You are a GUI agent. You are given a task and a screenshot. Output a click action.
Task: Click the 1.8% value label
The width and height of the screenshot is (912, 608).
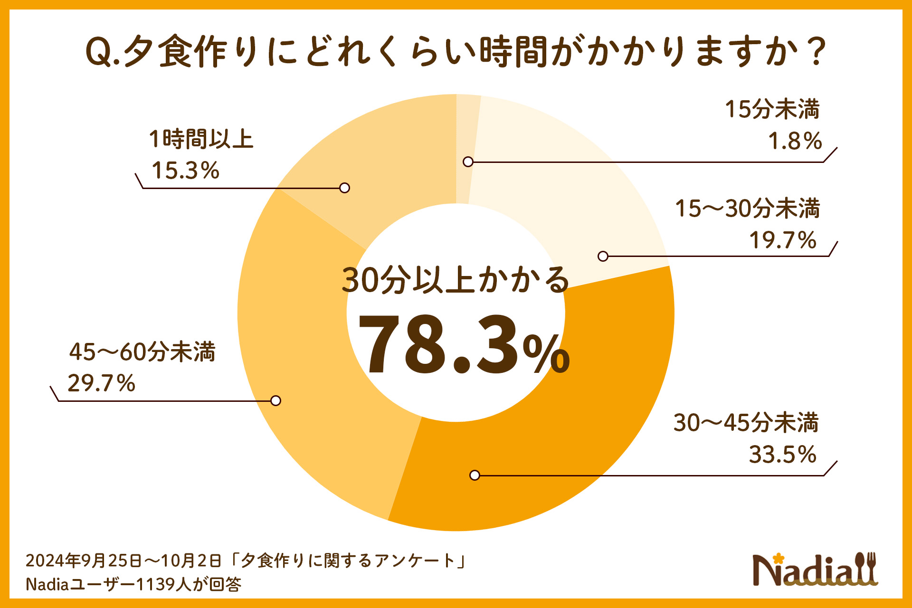(795, 141)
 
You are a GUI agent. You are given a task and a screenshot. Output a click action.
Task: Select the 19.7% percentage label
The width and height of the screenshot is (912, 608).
(782, 240)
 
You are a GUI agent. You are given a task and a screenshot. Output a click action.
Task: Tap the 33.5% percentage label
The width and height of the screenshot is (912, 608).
(782, 454)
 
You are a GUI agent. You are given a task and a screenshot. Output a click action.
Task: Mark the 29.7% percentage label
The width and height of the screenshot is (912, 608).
(101, 383)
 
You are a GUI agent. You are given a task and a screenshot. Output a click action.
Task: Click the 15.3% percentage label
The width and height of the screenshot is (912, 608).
(185, 170)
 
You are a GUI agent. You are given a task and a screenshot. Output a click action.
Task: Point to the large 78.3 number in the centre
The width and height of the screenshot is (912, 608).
(439, 344)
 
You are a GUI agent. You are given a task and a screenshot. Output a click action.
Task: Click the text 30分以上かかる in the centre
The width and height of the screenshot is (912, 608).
(455, 280)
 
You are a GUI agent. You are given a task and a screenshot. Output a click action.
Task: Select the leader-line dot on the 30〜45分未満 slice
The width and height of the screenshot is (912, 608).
(475, 475)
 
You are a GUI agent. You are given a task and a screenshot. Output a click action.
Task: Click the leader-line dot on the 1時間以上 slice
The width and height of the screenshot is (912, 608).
(345, 188)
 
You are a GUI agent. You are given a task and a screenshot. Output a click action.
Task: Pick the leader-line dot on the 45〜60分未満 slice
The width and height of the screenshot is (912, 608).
(275, 400)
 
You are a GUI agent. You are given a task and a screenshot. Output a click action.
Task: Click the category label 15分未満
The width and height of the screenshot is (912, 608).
(772, 109)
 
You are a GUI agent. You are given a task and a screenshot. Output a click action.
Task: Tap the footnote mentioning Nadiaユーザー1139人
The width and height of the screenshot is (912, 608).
(133, 584)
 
